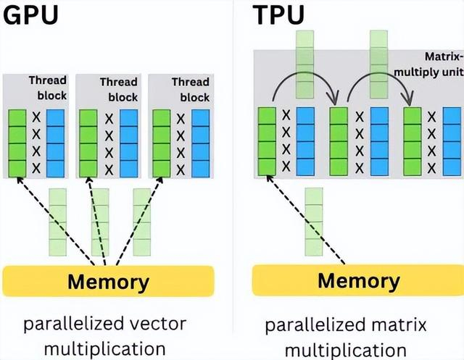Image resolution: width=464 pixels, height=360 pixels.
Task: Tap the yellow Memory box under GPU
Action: [x=109, y=281]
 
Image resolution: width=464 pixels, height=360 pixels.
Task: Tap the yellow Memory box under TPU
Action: [x=358, y=280]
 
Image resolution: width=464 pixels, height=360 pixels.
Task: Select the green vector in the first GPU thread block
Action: [x=17, y=143]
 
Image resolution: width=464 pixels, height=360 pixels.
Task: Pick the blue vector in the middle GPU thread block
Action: [x=128, y=143]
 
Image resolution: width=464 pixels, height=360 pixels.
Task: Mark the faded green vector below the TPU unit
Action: [x=313, y=222]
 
